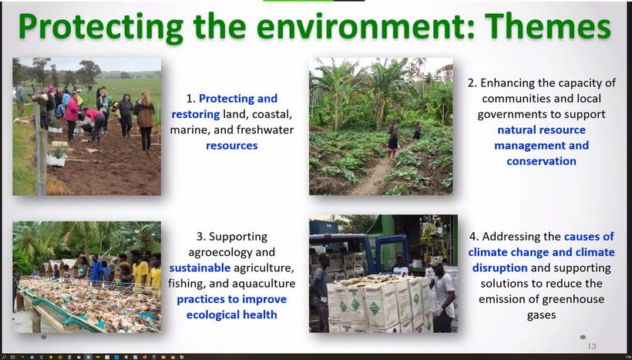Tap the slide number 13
pyautogui.click(x=591, y=346)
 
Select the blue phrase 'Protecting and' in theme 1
pyautogui.click(x=238, y=99)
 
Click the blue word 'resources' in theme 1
pyautogui.click(x=232, y=146)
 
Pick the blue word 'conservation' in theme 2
pyautogui.click(x=541, y=161)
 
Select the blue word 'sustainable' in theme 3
pyautogui.click(x=200, y=267)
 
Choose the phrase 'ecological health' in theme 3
pyautogui.click(x=232, y=315)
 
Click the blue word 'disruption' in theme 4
pyautogui.click(x=499, y=268)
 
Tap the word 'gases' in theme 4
pyautogui.click(x=541, y=315)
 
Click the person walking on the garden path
pyautogui.click(x=393, y=138)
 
